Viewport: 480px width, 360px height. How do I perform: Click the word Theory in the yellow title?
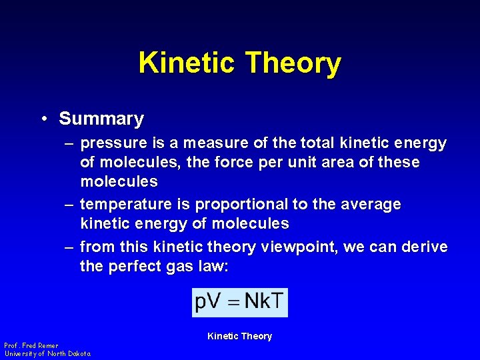[x=293, y=63]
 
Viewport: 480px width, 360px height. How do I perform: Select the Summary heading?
[x=101, y=119]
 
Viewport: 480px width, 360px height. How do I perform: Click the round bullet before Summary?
[x=42, y=119]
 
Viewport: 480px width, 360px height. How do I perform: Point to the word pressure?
[x=113, y=143]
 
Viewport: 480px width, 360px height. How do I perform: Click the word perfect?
[x=137, y=267]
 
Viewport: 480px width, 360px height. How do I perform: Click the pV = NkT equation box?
[x=239, y=302]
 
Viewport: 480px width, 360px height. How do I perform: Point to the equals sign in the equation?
[x=233, y=303]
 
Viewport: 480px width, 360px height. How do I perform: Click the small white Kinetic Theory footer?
[x=239, y=336]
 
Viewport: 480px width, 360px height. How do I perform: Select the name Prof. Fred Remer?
[x=31, y=345]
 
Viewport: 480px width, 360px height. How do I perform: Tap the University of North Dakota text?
[x=47, y=353]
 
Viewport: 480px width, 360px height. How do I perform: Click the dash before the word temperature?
[x=69, y=205]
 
